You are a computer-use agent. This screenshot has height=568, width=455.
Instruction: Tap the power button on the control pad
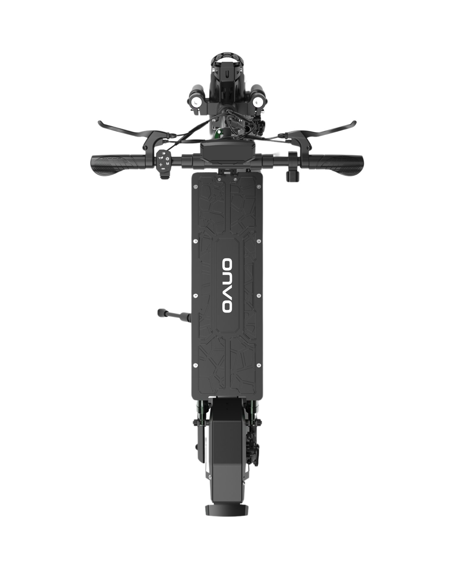167,159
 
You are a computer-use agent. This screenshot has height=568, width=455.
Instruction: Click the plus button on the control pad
160,164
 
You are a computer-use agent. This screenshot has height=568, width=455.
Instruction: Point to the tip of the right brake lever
355,122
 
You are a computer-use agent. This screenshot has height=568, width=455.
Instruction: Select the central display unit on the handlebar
227,155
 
